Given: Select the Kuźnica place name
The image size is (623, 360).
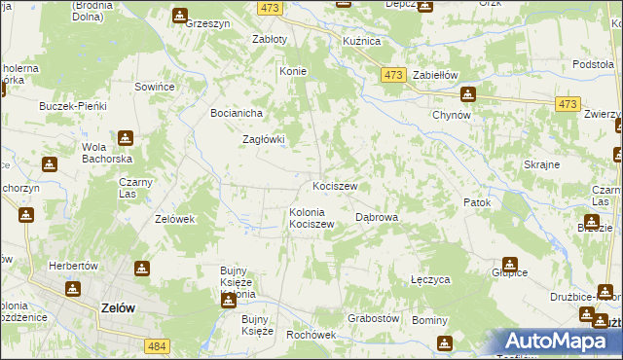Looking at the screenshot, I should coord(360,42).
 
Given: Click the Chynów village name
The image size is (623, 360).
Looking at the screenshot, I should coord(452,115).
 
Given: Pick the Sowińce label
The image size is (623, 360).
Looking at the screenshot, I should coord(154,88).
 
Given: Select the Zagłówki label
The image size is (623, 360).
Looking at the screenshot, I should coord(263,139).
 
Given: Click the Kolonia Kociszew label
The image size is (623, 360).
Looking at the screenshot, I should coord(312,218).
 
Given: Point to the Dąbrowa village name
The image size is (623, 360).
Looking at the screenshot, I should coord(378,218).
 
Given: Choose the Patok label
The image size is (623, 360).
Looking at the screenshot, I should coord(477,202).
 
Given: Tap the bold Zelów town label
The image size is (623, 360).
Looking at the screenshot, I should coord(118,306).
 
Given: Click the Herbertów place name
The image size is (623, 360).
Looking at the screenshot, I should coord(73,266).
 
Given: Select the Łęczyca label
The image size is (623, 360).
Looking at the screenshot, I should coord(430,279).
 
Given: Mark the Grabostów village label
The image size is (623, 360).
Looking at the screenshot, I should coord(375,318).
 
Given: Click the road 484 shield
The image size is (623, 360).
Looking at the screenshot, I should coord(157,345).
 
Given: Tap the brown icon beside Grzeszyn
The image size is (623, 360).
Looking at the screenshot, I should coord(180,16).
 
